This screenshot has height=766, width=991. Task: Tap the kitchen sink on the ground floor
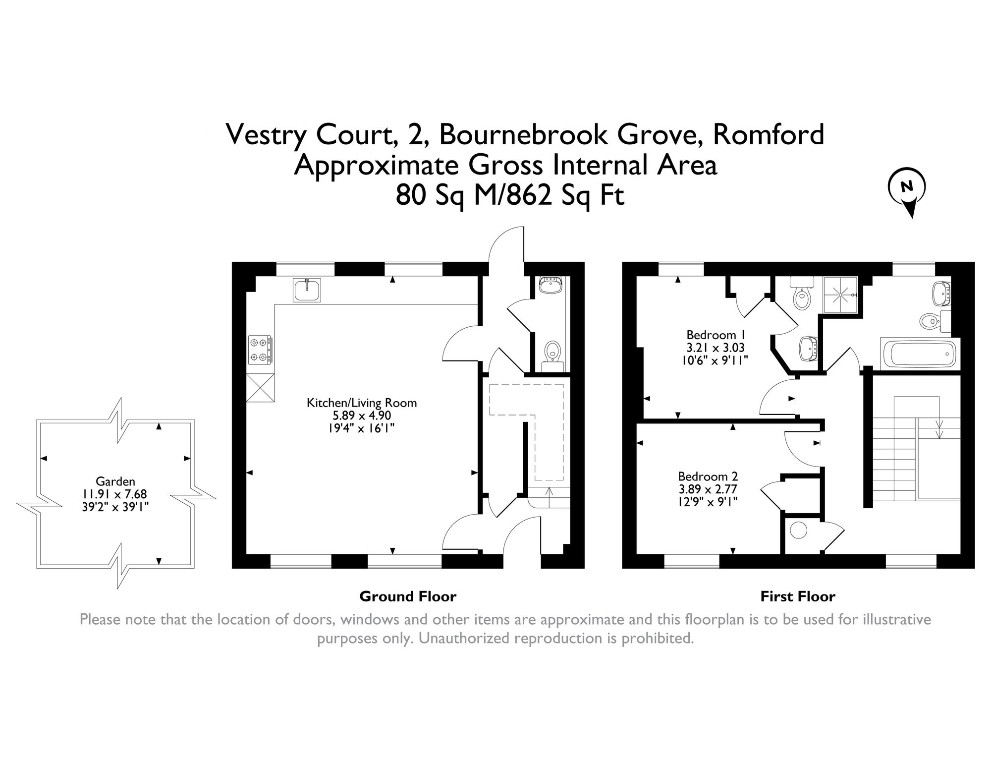point(307,290)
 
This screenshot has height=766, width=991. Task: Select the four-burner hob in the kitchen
point(260,350)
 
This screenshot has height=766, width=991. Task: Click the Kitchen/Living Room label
point(362,403)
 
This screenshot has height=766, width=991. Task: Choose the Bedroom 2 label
point(708,476)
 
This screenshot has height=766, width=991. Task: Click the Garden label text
point(115,481)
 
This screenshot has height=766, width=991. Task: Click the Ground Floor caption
point(408,596)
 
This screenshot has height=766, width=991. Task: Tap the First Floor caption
point(798,596)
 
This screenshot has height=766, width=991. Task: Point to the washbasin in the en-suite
point(808,350)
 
